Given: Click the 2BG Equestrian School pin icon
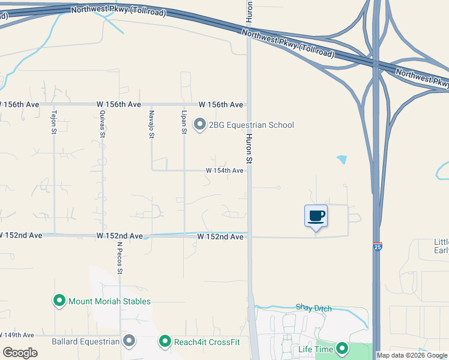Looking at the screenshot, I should [x=200, y=125].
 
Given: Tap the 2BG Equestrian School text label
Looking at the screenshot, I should [x=251, y=125].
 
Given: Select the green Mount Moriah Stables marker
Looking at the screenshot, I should [x=59, y=301].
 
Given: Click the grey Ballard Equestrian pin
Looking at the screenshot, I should [x=129, y=341].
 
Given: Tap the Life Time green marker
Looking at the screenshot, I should [x=342, y=348].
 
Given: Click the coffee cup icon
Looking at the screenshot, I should [x=316, y=216].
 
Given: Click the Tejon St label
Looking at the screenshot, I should [x=54, y=122].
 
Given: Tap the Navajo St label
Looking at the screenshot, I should [x=152, y=124].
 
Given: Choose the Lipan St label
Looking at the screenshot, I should [x=184, y=122].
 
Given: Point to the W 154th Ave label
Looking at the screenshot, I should [x=224, y=170].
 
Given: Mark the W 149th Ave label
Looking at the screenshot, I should [x=17, y=335].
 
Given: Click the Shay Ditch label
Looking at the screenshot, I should [x=313, y=308].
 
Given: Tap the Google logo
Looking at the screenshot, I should [x=20, y=352].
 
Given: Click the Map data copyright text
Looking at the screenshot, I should [x=412, y=355].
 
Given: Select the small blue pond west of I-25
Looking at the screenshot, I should [x=342, y=160].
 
